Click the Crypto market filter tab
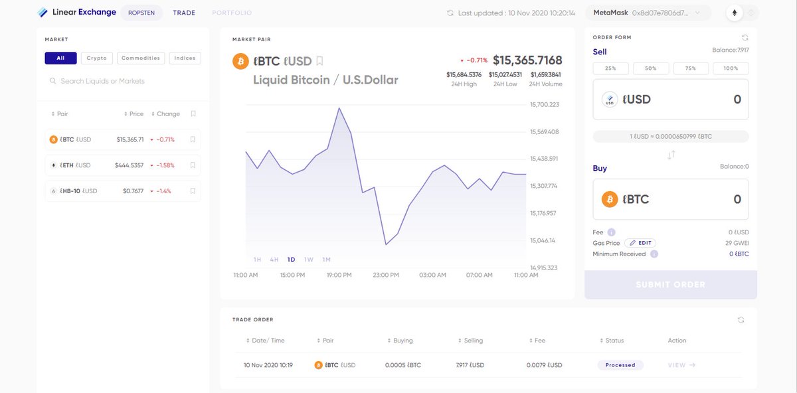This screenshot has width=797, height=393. [x=97, y=58]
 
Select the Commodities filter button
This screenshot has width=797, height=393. [x=141, y=58]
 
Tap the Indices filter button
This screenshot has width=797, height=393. [x=185, y=58]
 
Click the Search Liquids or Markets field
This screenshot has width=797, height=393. [x=102, y=81]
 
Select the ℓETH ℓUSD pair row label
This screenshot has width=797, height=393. [x=75, y=165]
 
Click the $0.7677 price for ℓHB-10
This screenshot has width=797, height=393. [x=133, y=191]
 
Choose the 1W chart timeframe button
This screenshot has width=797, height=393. [x=308, y=260]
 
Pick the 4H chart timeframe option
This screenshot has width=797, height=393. [x=274, y=260]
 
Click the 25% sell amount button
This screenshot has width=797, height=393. [x=610, y=68]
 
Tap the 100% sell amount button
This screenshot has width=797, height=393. [x=731, y=68]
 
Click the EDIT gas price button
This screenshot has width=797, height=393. [x=640, y=243]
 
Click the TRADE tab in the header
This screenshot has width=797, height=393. [x=184, y=13]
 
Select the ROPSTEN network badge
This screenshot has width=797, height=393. [x=141, y=13]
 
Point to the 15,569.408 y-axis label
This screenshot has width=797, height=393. [x=545, y=132]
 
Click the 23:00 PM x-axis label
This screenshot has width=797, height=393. [x=386, y=275]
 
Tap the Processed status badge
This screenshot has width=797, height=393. [x=620, y=365]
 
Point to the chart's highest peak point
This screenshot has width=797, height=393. [x=339, y=108]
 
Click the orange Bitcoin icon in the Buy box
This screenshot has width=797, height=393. [x=610, y=199]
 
